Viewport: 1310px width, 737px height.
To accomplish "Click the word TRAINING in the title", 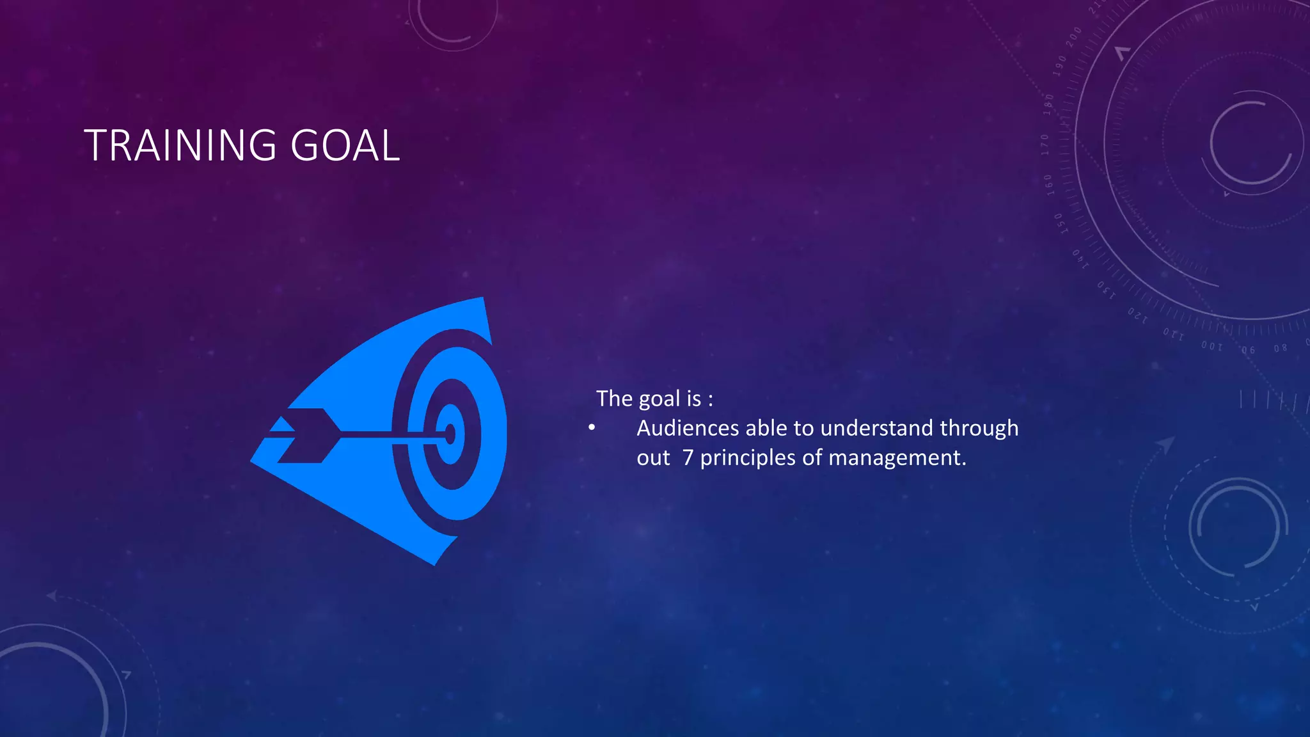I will click(180, 145).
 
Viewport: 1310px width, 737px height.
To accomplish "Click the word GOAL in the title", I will click(345, 145).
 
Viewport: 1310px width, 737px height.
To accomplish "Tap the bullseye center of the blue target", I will click(450, 434).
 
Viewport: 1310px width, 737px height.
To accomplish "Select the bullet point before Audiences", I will click(592, 427).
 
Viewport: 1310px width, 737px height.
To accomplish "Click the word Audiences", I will click(688, 428).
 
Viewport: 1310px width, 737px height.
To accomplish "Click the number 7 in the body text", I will click(688, 458).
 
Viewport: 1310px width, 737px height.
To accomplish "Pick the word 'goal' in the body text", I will click(659, 399).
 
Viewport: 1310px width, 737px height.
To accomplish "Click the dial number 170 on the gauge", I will click(1045, 145).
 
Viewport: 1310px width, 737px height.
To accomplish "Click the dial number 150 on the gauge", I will click(1060, 223).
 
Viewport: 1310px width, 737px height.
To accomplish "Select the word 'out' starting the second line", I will click(653, 458).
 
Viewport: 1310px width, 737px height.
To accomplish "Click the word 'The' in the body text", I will click(614, 399).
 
